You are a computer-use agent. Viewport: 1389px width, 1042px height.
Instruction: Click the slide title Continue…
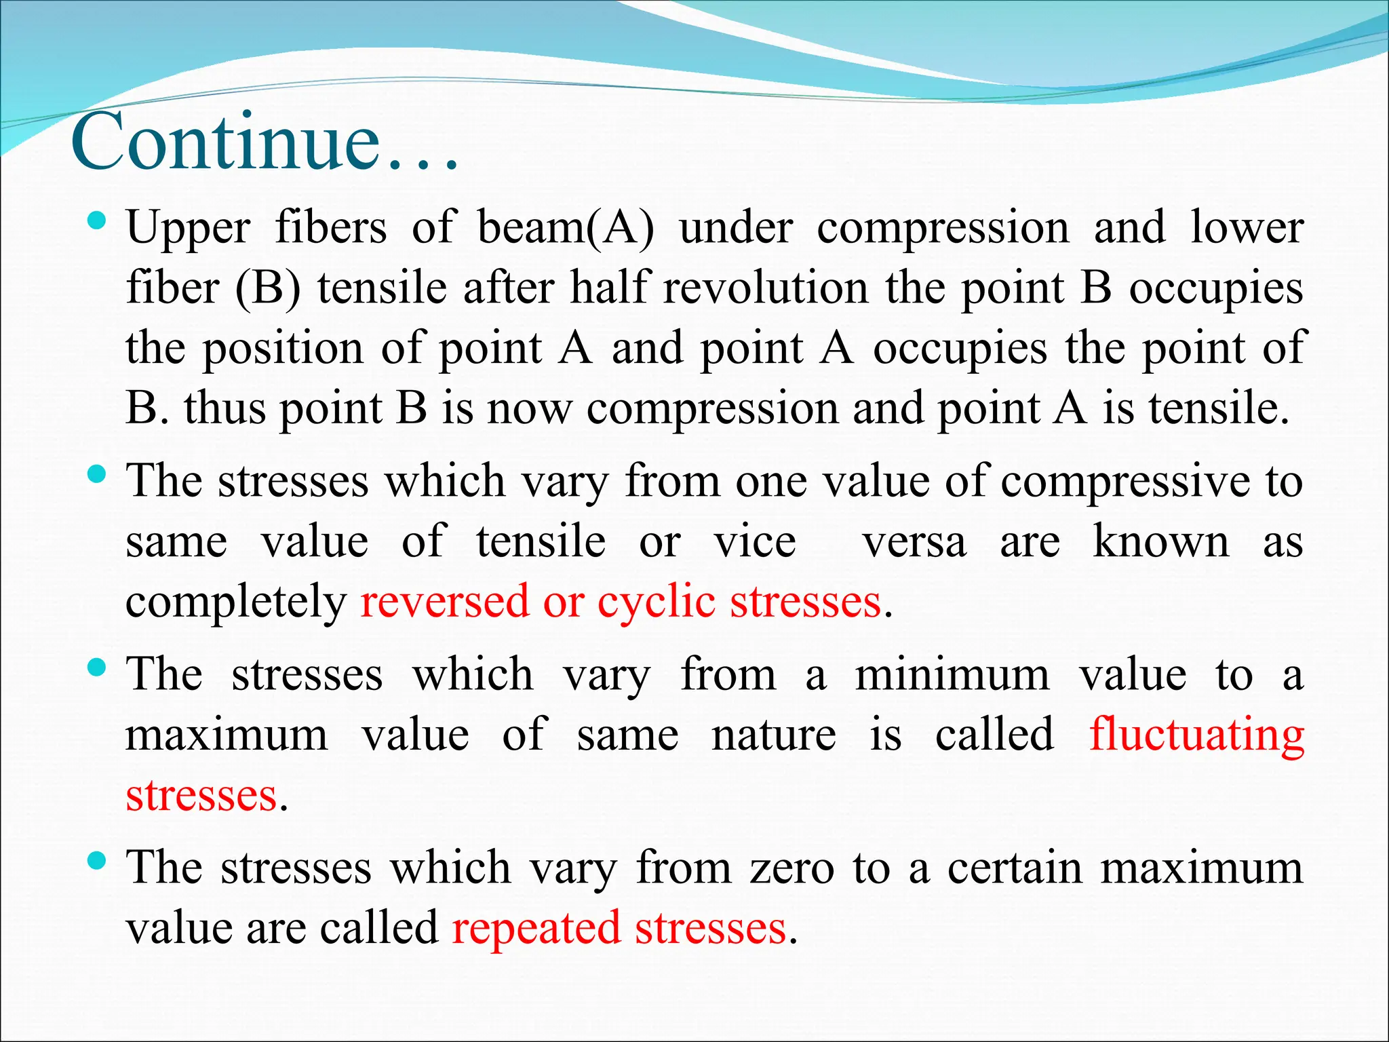pyautogui.click(x=265, y=144)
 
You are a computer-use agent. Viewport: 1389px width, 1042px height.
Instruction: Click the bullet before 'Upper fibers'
pyautogui.click(x=98, y=220)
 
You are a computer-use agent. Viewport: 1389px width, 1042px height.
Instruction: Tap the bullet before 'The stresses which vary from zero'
pyautogui.click(x=98, y=862)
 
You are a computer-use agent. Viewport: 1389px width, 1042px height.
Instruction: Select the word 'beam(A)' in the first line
pyautogui.click(x=566, y=228)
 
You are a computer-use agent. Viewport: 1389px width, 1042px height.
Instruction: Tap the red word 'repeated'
pyautogui.click(x=536, y=929)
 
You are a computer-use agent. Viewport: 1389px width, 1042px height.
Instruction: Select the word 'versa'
pyautogui.click(x=914, y=543)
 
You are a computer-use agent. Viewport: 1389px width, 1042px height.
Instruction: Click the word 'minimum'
pyautogui.click(x=952, y=676)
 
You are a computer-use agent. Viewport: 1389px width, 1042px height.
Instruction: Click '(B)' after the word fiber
pyautogui.click(x=268, y=288)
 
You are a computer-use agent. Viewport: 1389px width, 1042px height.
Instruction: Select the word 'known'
pyautogui.click(x=1160, y=543)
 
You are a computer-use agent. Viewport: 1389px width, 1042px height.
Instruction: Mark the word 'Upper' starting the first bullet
pyautogui.click(x=189, y=228)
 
